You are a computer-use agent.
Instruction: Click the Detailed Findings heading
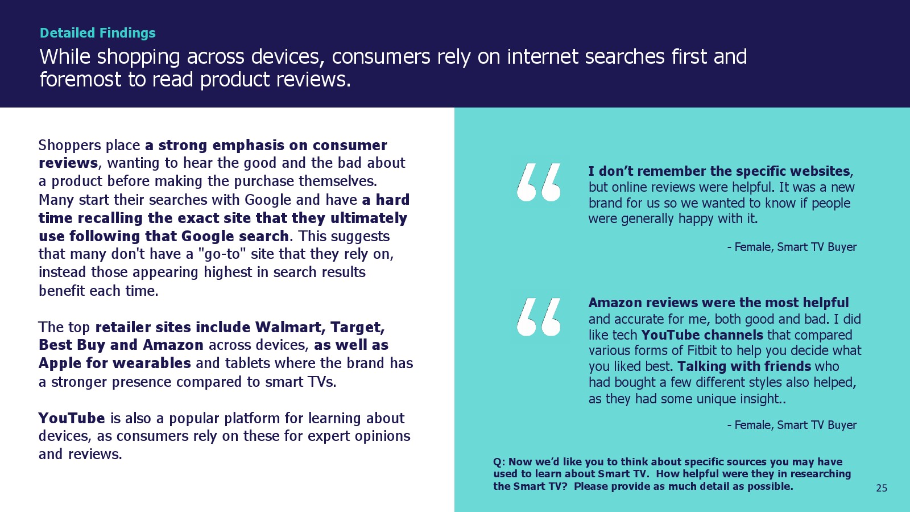[97, 33]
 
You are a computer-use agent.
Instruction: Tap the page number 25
[882, 488]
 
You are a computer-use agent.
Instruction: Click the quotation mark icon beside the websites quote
[539, 182]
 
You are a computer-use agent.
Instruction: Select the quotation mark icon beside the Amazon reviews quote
[539, 317]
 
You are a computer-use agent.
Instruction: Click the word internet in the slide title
[542, 56]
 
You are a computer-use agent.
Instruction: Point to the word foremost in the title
[80, 79]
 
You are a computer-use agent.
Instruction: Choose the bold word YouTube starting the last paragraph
[72, 418]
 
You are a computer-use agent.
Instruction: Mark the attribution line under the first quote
[792, 247]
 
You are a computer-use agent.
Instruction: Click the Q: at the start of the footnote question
[499, 463]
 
